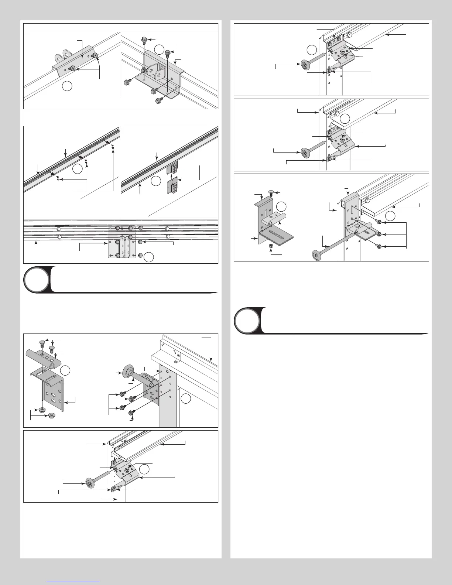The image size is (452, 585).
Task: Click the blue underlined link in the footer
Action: click(74, 581)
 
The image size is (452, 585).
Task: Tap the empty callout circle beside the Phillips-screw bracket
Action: click(67, 86)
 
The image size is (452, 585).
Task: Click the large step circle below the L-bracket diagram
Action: click(247, 320)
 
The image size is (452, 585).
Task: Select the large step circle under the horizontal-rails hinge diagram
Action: click(36, 279)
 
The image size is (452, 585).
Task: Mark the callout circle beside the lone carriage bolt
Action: click(282, 206)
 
